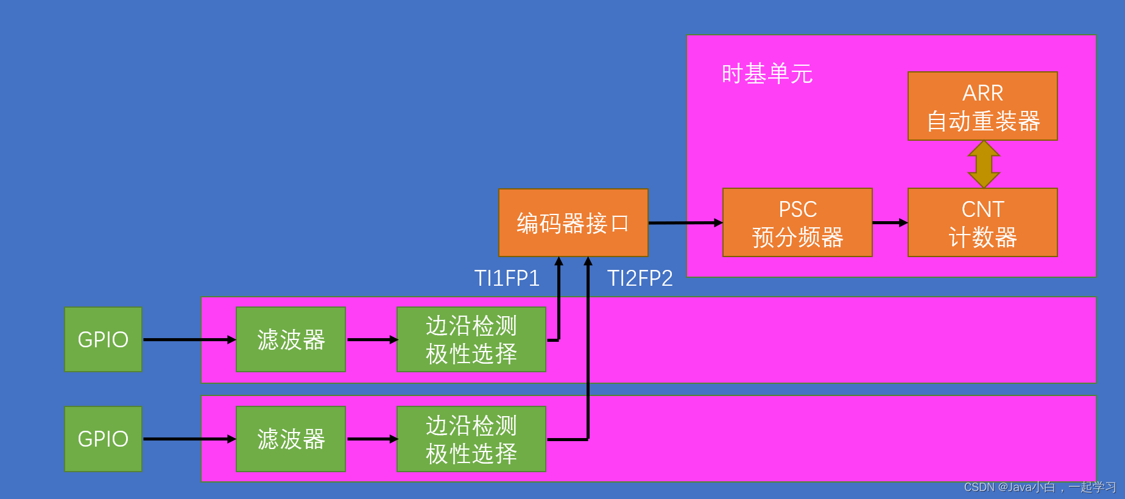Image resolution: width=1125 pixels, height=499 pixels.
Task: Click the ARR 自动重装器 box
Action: (982, 107)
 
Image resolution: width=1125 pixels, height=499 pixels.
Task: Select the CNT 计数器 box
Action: (982, 222)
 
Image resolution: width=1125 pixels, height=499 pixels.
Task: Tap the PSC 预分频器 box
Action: (797, 222)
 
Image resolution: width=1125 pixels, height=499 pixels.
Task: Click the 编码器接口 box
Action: (573, 223)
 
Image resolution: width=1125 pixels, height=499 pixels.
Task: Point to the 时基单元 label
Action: (767, 74)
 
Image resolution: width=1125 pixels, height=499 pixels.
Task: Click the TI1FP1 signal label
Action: (507, 278)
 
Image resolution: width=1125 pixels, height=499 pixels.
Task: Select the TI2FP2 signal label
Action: (640, 278)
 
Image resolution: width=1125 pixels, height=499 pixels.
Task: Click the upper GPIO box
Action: (103, 339)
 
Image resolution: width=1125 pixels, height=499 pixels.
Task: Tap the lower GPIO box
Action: (103, 439)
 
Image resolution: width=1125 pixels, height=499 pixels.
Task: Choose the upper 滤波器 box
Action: (291, 339)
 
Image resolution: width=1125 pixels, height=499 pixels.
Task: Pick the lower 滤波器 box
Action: (291, 439)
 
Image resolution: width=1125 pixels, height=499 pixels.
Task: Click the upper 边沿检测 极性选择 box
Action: (471, 339)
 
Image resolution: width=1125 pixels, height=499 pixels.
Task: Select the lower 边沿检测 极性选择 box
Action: (471, 439)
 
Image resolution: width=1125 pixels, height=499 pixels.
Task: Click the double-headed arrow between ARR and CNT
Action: (984, 165)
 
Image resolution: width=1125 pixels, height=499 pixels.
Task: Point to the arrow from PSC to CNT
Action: (890, 223)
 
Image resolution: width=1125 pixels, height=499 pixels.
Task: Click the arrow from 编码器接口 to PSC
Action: (685, 223)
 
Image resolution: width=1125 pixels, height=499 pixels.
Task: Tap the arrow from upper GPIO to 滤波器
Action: (189, 339)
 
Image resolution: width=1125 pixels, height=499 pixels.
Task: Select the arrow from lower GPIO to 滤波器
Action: (189, 439)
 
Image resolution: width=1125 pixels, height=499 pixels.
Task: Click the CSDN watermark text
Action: (1039, 487)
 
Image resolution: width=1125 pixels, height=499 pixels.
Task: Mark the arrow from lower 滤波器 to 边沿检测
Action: (372, 439)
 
